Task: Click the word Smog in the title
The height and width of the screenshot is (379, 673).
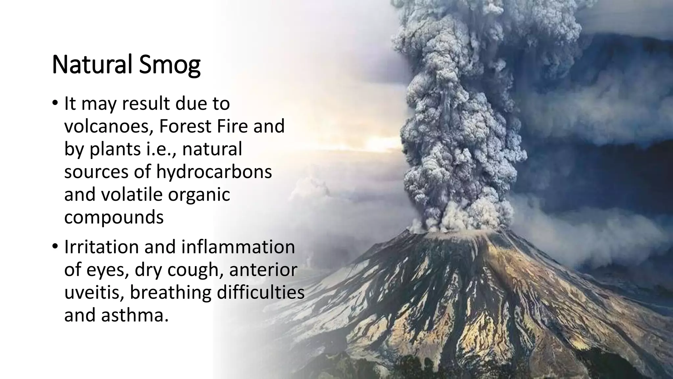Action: tap(170, 65)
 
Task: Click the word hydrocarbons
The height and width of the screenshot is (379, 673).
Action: tap(214, 172)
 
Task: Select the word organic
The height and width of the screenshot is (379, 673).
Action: tap(199, 195)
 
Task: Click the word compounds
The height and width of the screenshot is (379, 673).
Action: tap(114, 217)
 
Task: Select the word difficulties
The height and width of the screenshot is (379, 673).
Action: tap(260, 292)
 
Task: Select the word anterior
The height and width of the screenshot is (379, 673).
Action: tap(263, 270)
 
